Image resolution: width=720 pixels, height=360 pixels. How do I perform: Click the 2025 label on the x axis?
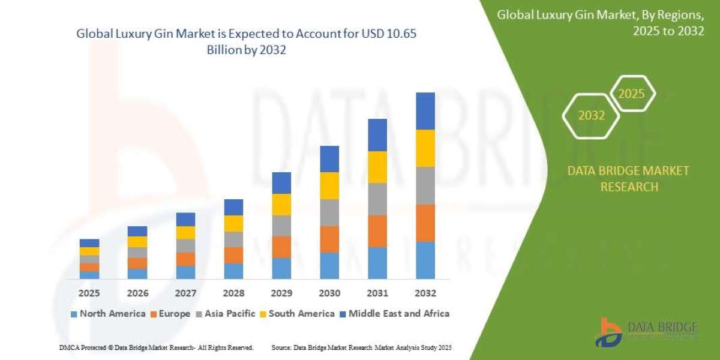click(x=89, y=293)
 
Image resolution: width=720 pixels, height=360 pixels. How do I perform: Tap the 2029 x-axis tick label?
click(x=281, y=293)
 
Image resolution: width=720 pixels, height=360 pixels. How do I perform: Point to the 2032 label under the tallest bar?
click(x=425, y=293)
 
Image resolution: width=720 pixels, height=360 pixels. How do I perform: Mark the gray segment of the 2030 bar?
click(x=329, y=212)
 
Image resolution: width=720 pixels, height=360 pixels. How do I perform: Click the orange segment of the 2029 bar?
click(x=281, y=247)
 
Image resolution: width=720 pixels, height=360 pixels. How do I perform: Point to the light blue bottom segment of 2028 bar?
click(x=233, y=271)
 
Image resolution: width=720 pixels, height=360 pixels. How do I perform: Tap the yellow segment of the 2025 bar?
click(x=89, y=251)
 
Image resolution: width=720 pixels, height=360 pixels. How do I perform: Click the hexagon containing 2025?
click(x=631, y=94)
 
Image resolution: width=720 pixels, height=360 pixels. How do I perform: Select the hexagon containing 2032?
click(x=591, y=116)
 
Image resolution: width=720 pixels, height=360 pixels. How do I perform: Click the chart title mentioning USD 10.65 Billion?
click(x=246, y=42)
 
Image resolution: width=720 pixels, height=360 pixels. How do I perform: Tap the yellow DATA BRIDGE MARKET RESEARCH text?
click(x=628, y=179)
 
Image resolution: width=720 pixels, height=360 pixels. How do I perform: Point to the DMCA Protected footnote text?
click(x=156, y=347)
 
